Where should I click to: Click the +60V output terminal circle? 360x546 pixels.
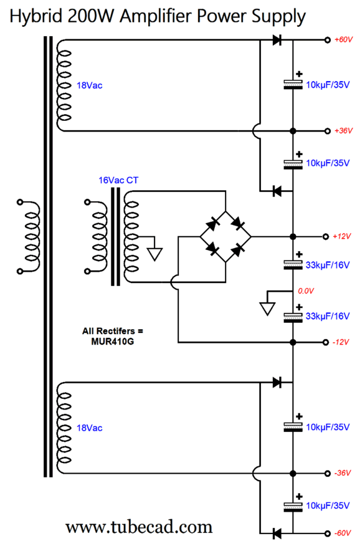[x=327, y=40]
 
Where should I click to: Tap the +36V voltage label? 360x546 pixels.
[x=343, y=131]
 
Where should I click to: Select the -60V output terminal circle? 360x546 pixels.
[x=327, y=533]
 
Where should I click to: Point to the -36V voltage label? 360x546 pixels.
[x=343, y=473]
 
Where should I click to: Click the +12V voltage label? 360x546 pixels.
[x=341, y=236]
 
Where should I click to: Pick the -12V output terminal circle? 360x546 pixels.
[x=326, y=342]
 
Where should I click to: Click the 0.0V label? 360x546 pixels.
[x=306, y=290]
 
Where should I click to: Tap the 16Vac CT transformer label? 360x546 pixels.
[x=118, y=180]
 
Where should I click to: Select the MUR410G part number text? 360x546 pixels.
[x=112, y=342]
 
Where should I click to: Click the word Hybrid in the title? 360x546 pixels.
[x=36, y=16]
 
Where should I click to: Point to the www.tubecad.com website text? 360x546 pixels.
[x=139, y=527]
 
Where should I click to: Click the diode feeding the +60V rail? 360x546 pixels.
[x=277, y=40]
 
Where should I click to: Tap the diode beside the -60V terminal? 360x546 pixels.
[x=277, y=533]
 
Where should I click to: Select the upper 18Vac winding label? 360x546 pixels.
[x=90, y=85]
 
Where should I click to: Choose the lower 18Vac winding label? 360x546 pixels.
[x=90, y=428]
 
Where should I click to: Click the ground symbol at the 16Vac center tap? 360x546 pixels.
[x=155, y=254]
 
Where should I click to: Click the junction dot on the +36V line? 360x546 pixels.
[x=293, y=131]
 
